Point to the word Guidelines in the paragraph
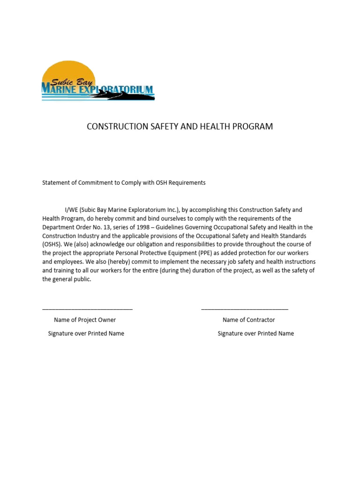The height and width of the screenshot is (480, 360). click(169, 227)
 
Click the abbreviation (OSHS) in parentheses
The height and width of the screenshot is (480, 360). click(52, 245)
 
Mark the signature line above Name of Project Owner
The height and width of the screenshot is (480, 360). click(87, 308)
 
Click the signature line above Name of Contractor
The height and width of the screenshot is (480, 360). click(245, 308)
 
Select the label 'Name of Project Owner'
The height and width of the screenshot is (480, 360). click(85, 320)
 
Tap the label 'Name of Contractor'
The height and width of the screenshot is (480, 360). click(248, 320)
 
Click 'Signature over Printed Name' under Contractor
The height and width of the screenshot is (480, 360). click(255, 334)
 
